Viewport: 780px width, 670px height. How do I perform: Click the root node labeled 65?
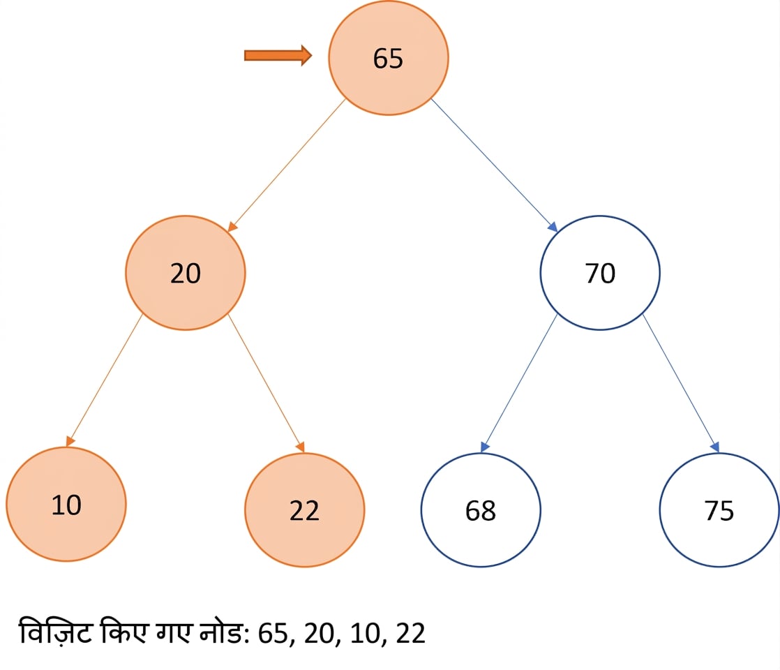389,58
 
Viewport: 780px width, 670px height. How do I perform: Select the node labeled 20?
186,273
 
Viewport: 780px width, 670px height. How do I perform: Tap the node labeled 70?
600,273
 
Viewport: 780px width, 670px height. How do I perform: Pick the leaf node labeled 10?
66,504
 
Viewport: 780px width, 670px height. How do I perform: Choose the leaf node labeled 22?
304,509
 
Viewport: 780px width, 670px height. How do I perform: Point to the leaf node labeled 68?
481,509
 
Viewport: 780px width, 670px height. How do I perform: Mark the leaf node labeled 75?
719,509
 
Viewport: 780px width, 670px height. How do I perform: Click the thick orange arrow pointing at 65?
278,55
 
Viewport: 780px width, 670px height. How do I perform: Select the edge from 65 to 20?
287,165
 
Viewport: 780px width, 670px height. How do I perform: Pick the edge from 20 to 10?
105,380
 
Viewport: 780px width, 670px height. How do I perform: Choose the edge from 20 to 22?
266,383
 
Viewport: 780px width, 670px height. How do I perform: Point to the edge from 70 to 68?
519,383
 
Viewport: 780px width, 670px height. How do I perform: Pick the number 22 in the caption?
410,634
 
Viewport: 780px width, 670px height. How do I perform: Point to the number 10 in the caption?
365,634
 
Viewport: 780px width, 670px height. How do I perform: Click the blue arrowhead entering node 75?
715,447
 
